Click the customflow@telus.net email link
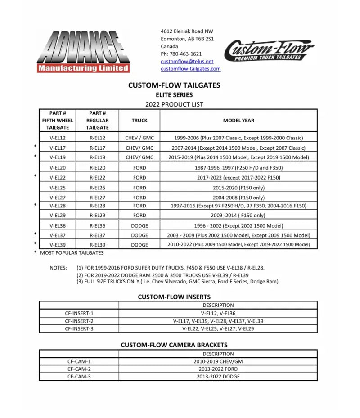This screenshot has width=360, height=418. [x=187, y=61]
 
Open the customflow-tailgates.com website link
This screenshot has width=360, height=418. [x=190, y=69]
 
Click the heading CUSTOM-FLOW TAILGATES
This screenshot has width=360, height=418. [x=174, y=85]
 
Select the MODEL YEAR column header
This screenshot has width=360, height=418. [x=238, y=121]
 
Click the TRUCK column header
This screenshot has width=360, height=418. [x=139, y=121]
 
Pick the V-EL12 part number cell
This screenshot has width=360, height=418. [x=58, y=138]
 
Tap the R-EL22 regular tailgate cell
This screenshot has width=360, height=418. [x=98, y=178]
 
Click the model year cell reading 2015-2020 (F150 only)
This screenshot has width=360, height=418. [x=238, y=188]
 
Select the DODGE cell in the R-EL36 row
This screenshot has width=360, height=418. [x=139, y=226]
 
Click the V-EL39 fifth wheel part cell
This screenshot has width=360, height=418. [x=58, y=245]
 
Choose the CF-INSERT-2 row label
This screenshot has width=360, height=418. [x=79, y=321]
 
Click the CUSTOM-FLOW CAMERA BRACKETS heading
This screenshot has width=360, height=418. [x=174, y=345]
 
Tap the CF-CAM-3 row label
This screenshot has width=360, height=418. [x=79, y=377]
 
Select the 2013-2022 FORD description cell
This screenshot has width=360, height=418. [x=218, y=369]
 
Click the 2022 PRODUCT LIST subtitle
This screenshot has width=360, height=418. [x=174, y=104]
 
